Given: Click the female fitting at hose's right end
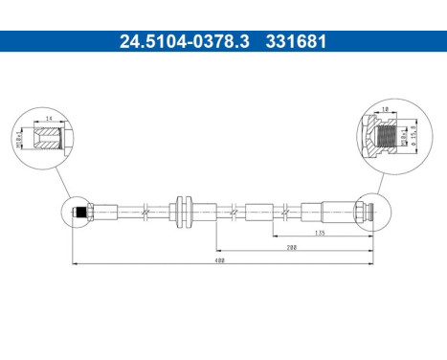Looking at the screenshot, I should (x=359, y=210).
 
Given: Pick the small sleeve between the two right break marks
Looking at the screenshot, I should (x=259, y=210).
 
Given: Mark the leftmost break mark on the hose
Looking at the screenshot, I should (x=142, y=210).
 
